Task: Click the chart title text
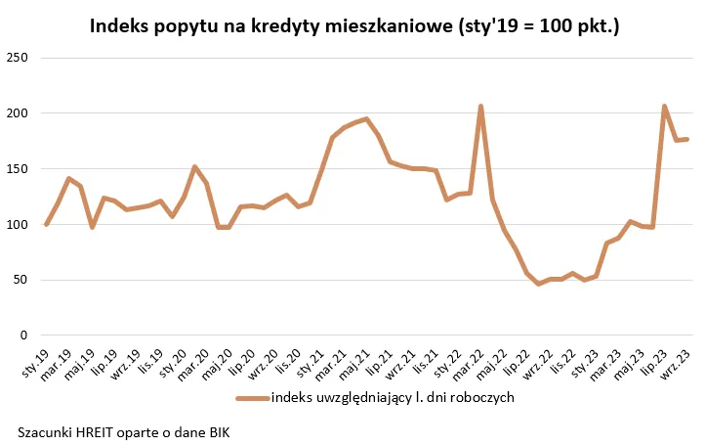coord(354,26)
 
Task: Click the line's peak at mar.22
coord(480,107)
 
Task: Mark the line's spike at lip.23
coord(664,107)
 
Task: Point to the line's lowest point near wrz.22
coord(538,284)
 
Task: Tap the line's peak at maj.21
coord(366,119)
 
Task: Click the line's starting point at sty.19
coord(46,225)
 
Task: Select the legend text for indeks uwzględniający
coord(392,398)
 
